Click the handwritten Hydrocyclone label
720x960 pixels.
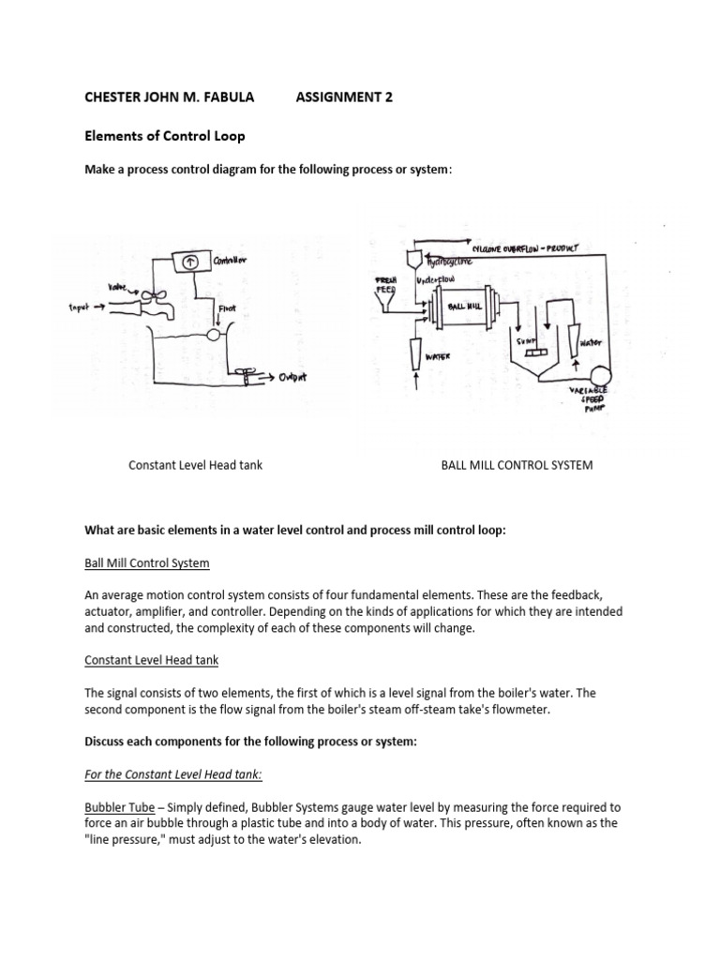pos(447,263)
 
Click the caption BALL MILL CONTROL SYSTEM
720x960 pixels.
pos(517,465)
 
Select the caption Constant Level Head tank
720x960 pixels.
pos(195,465)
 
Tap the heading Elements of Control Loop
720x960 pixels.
pos(164,136)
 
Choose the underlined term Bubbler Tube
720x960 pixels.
pos(119,806)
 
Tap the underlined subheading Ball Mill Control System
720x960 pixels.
pos(147,562)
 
